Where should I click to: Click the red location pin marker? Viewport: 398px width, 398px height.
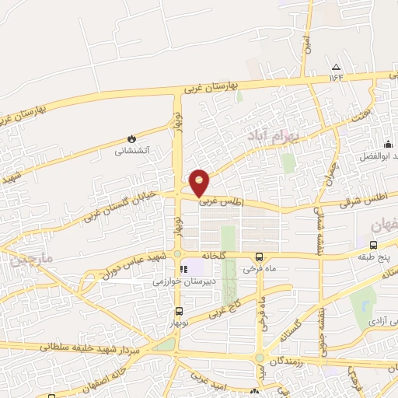tap(200, 181)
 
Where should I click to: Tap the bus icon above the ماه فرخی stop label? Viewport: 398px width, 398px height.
tap(259, 257)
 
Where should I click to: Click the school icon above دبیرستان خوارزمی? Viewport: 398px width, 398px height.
tap(184, 270)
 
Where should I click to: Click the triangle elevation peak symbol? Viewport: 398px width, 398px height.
tap(336, 67)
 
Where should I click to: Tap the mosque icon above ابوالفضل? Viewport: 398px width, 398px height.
tap(388, 144)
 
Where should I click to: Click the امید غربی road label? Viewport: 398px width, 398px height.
tap(208, 383)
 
